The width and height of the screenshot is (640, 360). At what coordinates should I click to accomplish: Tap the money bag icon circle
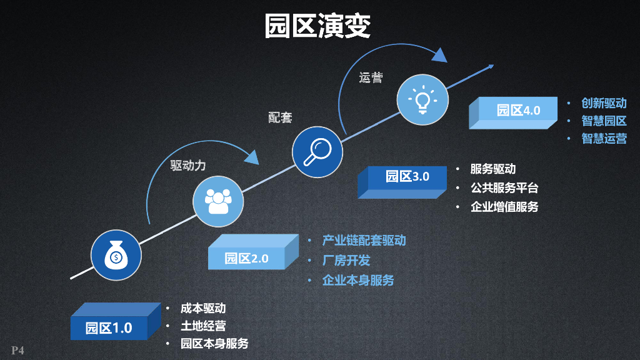[116, 255]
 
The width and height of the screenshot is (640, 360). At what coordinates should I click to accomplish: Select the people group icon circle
[217, 201]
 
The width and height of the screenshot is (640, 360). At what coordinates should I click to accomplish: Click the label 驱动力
[188, 166]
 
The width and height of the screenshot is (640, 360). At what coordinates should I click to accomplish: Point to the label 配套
[280, 117]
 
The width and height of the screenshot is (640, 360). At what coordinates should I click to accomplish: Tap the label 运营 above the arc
[371, 78]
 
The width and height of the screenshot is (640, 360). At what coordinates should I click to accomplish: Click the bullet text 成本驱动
[203, 308]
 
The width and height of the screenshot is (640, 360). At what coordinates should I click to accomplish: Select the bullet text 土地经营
[203, 326]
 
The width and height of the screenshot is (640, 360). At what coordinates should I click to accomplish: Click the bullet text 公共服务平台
[504, 187]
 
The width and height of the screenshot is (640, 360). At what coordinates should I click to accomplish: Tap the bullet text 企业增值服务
[504, 206]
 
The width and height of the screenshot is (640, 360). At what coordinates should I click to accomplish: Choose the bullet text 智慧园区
[604, 121]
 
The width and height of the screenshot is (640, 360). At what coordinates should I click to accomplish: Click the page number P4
[17, 350]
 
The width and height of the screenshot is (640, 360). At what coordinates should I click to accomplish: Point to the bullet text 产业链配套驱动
[364, 241]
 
